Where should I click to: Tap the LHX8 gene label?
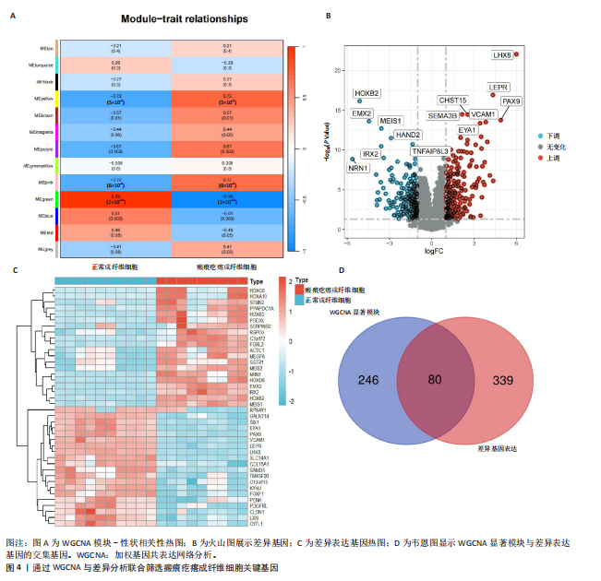(502, 55)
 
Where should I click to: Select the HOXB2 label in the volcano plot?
(367, 93)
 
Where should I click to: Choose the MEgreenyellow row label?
(37, 166)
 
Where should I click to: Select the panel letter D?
(342, 270)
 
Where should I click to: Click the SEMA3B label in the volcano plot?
(442, 115)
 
